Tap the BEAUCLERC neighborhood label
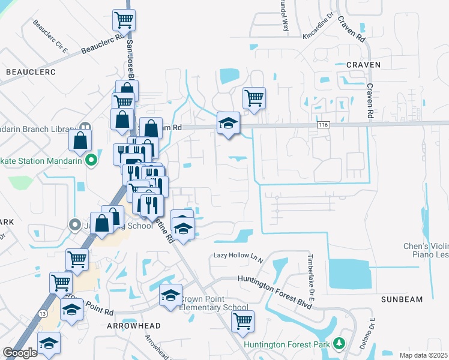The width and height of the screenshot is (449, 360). (x=31, y=72)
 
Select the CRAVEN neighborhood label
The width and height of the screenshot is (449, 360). (x=363, y=64)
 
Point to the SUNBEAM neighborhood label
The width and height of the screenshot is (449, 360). (x=402, y=299)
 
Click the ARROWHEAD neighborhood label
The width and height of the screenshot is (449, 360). (x=134, y=325)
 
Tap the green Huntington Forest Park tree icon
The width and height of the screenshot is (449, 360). (x=340, y=344)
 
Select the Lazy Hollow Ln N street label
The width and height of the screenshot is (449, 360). (x=238, y=257)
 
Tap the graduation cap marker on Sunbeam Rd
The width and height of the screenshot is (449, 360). (x=228, y=123)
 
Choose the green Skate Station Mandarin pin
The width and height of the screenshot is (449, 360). (x=91, y=160)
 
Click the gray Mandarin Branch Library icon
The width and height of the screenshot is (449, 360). (x=85, y=128)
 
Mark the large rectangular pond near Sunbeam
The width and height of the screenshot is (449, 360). (x=348, y=273)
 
